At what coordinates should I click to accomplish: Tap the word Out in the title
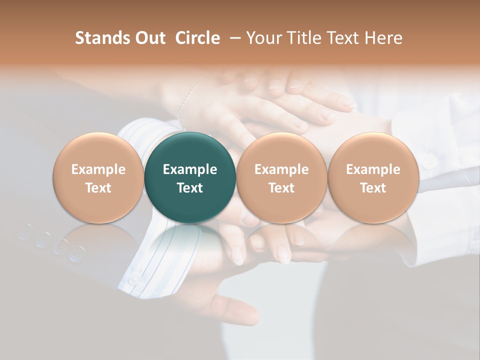(x=148, y=38)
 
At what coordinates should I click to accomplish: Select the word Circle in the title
(x=197, y=38)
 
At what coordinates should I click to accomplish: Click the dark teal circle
(x=190, y=177)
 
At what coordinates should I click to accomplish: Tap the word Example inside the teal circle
(x=190, y=169)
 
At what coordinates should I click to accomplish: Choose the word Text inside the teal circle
(x=190, y=188)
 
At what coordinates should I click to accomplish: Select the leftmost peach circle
(x=98, y=177)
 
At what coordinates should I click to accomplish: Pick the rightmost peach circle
(x=373, y=177)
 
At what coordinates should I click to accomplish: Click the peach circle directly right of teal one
(x=281, y=177)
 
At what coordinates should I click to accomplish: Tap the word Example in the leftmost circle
(x=98, y=169)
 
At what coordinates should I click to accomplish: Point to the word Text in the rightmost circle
(x=373, y=188)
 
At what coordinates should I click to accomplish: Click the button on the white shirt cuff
(x=428, y=161)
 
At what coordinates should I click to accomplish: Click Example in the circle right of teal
(x=281, y=169)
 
